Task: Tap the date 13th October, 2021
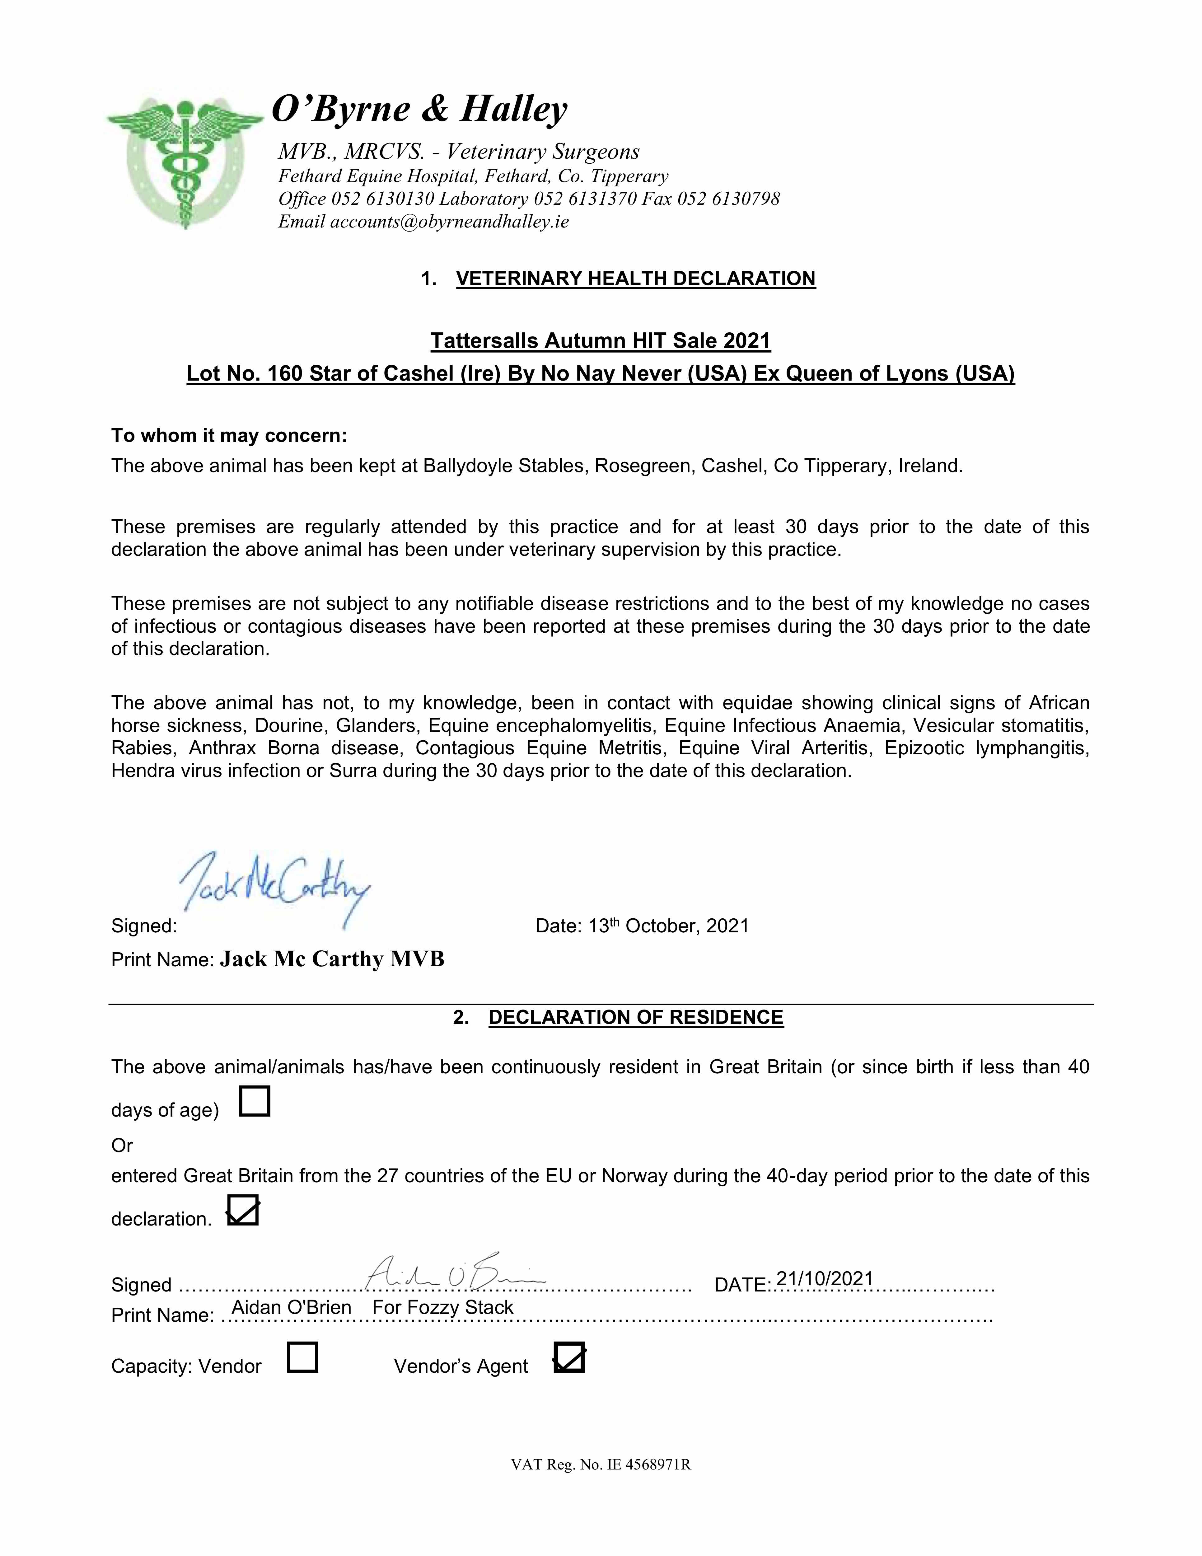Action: click(668, 926)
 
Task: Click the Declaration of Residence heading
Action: click(636, 1017)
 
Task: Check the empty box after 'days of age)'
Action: click(255, 1101)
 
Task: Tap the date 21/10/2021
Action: click(824, 1279)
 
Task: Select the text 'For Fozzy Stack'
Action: click(442, 1307)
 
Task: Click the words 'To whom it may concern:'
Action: click(229, 435)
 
